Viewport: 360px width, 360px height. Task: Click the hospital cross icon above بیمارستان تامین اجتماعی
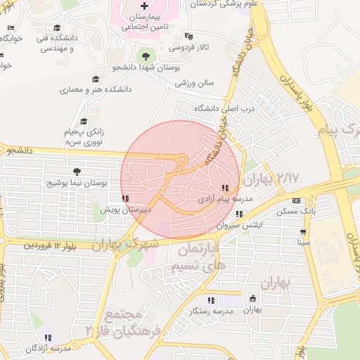pyautogui.click(x=144, y=6)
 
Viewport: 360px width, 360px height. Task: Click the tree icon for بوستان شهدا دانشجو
pyautogui.click(x=146, y=56)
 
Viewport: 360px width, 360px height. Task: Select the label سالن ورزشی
pyautogui.click(x=194, y=83)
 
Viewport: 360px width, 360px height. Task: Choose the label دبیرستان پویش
pyautogui.click(x=124, y=210)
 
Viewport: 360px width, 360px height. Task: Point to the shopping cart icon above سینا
pyautogui.click(x=303, y=231)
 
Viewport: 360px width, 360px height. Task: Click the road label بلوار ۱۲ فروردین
pyautogui.click(x=50, y=246)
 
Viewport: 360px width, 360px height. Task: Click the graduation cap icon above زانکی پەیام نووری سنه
pyautogui.click(x=84, y=121)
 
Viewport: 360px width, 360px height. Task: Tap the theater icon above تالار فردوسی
pyautogui.click(x=188, y=36)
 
